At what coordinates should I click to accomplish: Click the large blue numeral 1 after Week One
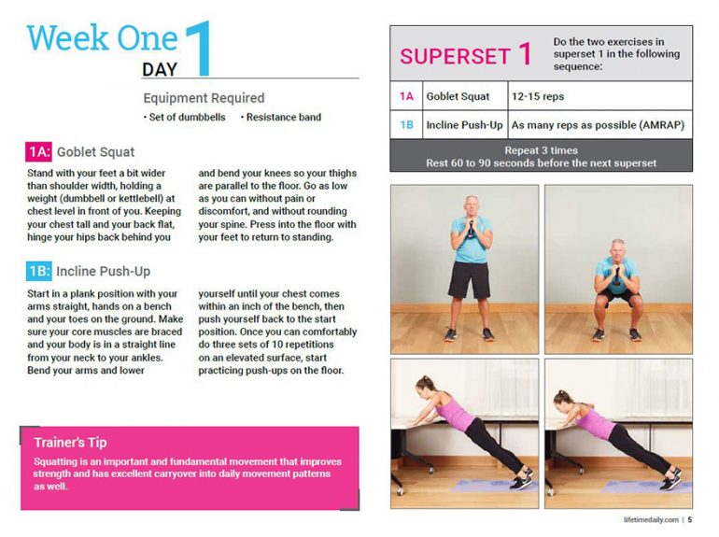coord(199,49)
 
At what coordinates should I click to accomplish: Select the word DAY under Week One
coord(160,69)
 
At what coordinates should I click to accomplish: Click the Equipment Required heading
coord(204,98)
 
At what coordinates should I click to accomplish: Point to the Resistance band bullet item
coord(283,118)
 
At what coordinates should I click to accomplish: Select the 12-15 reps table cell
coord(538,96)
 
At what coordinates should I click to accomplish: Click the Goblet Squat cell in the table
coord(458,96)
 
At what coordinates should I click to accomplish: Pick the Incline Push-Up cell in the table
coord(464,124)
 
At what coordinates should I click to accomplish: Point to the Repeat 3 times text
coord(541,149)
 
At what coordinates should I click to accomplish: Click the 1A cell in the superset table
coord(406,96)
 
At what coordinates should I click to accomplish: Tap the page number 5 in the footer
coord(689,520)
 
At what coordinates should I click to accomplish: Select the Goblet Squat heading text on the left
coord(95,152)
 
